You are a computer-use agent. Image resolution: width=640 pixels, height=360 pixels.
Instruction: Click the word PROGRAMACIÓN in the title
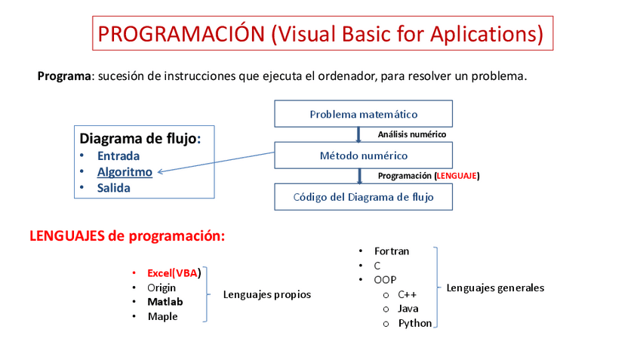181,34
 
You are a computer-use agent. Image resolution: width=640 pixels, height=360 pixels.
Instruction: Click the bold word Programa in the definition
64,76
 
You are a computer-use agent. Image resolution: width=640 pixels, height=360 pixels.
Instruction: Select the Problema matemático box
363,115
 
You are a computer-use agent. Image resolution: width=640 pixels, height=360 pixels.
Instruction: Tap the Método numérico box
363,155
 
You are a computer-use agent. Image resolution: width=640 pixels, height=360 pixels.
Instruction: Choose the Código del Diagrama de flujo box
363,197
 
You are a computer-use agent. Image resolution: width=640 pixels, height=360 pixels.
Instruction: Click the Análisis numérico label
411,134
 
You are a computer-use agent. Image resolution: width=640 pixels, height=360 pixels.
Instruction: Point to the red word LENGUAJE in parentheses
457,176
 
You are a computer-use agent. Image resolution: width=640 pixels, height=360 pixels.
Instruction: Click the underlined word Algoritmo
125,172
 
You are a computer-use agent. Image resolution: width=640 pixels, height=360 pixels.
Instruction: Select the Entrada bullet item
118,156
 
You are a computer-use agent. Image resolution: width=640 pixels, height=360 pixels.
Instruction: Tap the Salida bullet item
113,188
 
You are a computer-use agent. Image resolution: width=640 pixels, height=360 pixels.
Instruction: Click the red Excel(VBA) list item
174,273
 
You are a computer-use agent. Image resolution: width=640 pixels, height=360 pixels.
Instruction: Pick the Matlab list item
165,302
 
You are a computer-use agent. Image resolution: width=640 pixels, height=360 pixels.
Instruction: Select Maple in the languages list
162,316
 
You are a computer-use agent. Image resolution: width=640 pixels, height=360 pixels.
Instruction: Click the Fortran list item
392,251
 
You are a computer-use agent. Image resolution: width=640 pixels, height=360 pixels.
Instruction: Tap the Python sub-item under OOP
415,323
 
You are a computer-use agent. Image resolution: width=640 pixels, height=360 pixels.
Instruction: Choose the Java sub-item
408,309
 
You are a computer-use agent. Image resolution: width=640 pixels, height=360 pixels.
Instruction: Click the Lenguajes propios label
266,294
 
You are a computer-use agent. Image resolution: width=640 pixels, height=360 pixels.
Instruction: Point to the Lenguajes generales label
495,288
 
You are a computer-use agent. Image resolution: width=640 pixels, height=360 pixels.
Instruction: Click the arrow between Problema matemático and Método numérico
358,135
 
